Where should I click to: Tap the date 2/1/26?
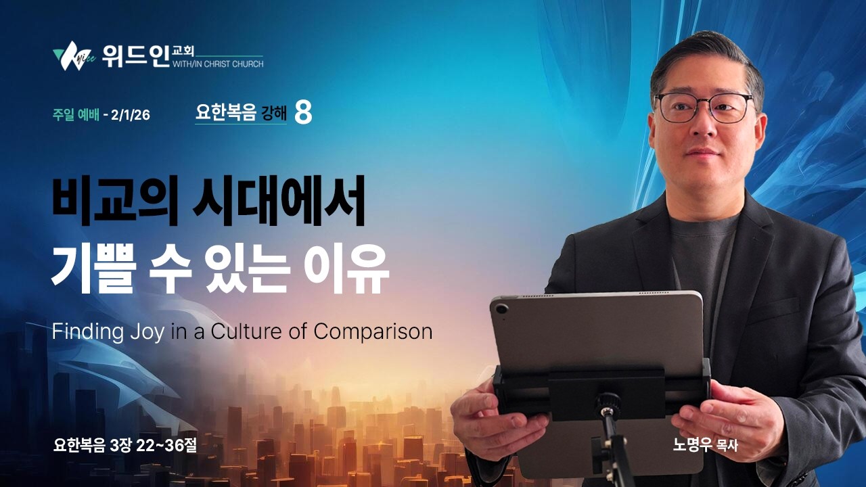click(x=131, y=114)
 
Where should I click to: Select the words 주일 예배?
click(x=76, y=114)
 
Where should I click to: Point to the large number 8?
click(x=304, y=113)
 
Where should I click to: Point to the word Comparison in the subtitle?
click(x=372, y=331)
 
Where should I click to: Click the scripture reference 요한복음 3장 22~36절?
click(x=125, y=446)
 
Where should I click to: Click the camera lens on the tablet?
click(x=501, y=310)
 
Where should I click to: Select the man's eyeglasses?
click(x=704, y=108)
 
